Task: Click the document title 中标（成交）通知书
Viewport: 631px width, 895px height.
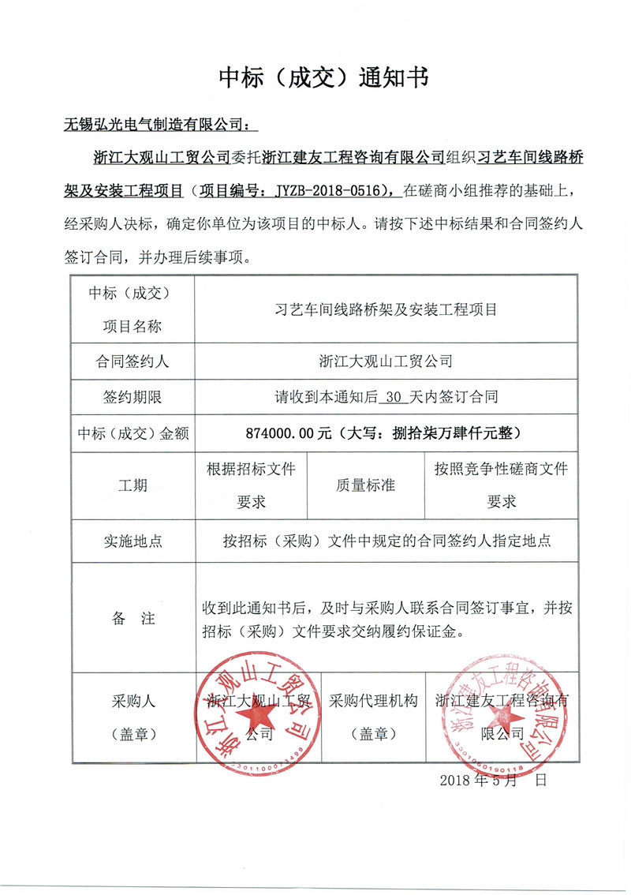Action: pos(323,77)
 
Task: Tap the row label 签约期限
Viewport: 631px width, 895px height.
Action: pos(132,397)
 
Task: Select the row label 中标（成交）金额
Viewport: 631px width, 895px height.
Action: pos(132,433)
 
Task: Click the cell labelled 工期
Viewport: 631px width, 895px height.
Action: pos(132,485)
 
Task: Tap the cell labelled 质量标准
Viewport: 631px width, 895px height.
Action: pos(365,485)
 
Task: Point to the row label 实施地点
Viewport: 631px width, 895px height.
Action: pos(132,541)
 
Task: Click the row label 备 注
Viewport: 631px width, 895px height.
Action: pos(132,619)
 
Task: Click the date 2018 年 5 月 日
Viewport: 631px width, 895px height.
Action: pos(492,781)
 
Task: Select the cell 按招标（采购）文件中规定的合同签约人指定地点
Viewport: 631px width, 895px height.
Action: pos(386,541)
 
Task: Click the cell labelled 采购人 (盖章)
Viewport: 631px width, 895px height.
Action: pos(132,717)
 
